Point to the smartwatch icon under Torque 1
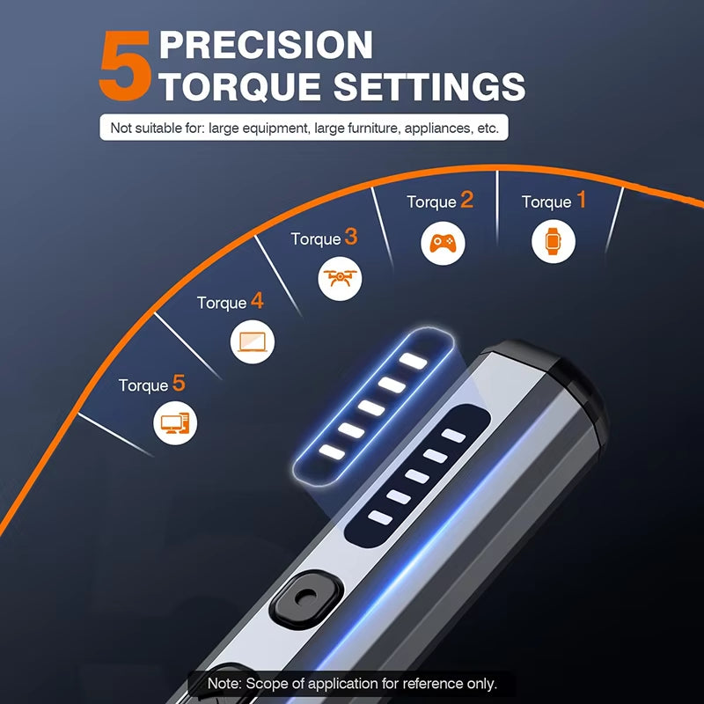553,240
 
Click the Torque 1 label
554,202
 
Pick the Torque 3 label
324,238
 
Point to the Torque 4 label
230,302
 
